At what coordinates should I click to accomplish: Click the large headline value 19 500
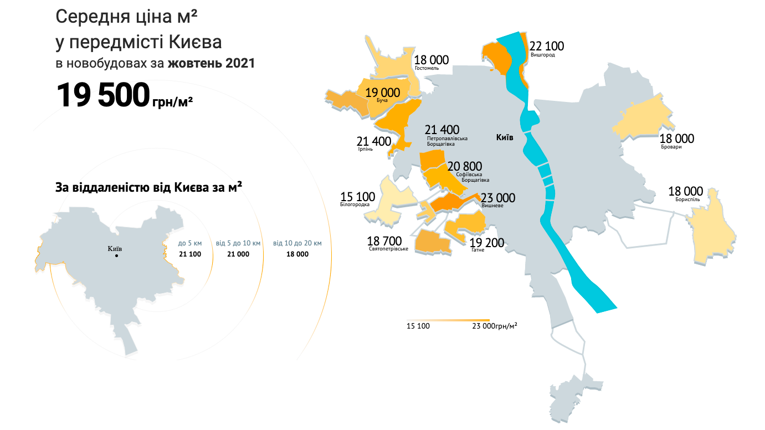(103, 96)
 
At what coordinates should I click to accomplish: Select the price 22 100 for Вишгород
(547, 46)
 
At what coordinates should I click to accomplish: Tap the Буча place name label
(382, 100)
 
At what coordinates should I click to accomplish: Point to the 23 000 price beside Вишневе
(497, 198)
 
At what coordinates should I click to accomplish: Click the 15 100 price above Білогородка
(357, 197)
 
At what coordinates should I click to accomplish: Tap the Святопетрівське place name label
(388, 249)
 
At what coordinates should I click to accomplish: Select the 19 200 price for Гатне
(487, 243)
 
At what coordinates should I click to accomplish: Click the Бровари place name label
(671, 147)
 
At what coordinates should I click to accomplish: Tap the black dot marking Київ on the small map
(116, 256)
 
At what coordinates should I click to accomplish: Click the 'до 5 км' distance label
(189, 243)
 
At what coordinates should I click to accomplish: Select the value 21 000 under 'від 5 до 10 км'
(238, 254)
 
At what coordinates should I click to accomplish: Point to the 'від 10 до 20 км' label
(297, 243)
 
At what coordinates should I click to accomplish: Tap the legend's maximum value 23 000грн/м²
(495, 326)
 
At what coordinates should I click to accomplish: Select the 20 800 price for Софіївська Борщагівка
(465, 166)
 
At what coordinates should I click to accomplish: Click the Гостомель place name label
(427, 68)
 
